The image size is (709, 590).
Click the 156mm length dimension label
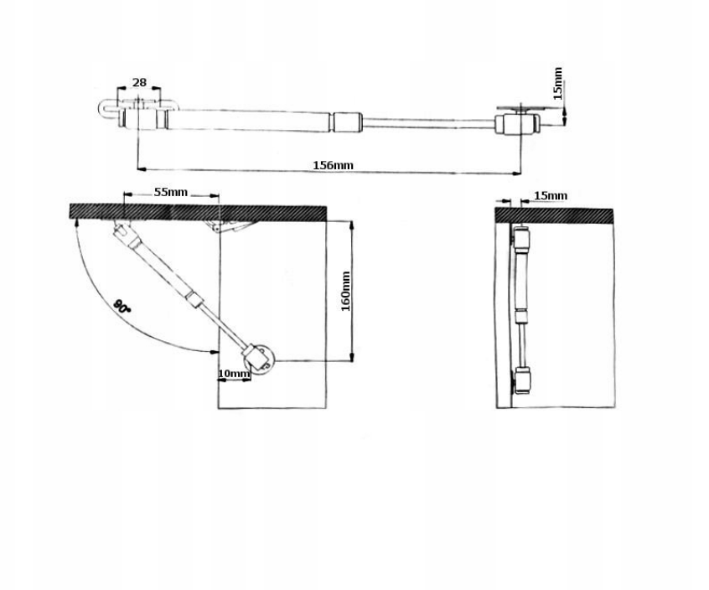pyautogui.click(x=333, y=165)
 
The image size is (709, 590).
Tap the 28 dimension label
pyautogui.click(x=139, y=82)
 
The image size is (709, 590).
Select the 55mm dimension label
pyautogui.click(x=170, y=192)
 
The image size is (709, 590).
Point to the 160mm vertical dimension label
pyautogui.click(x=345, y=291)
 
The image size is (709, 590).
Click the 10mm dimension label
pyautogui.click(x=234, y=374)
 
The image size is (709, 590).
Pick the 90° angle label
pyautogui.click(x=122, y=306)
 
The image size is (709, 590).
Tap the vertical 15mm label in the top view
pyautogui.click(x=557, y=83)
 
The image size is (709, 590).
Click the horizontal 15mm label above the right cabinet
pyautogui.click(x=551, y=196)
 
